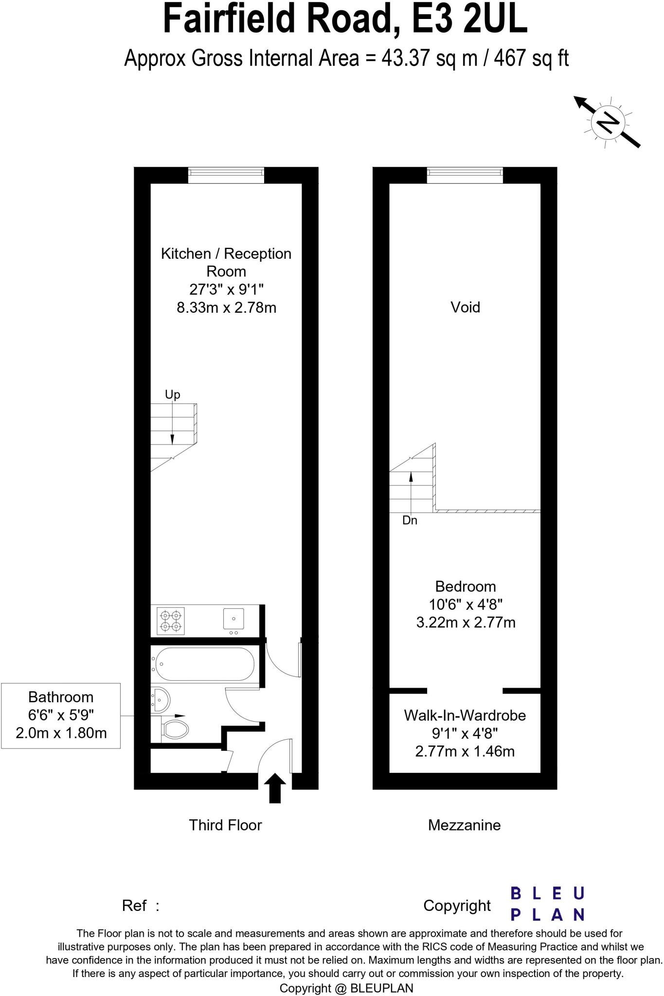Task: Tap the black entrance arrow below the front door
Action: (x=275, y=788)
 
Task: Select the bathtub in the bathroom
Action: (x=203, y=664)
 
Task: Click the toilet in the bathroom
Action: (x=175, y=729)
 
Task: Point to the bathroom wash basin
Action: (x=161, y=699)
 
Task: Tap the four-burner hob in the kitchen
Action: (x=171, y=620)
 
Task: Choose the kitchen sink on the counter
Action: (x=233, y=619)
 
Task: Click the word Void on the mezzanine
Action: (x=465, y=307)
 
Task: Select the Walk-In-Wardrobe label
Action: (x=465, y=715)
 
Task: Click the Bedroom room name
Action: (x=466, y=586)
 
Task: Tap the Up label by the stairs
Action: (x=172, y=394)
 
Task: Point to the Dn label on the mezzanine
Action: (x=410, y=520)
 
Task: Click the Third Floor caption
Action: (x=225, y=825)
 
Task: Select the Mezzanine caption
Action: (x=464, y=825)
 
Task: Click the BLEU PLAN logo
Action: (x=547, y=904)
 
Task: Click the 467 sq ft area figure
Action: (x=531, y=59)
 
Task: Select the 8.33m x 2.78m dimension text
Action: (x=226, y=308)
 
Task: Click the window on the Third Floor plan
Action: (x=226, y=175)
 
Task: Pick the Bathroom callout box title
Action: (x=61, y=697)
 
